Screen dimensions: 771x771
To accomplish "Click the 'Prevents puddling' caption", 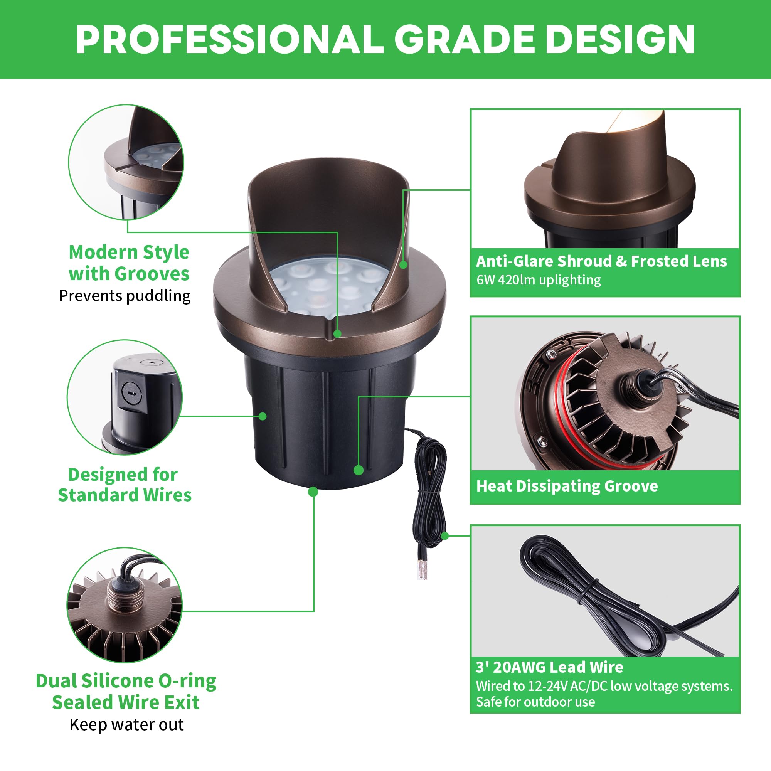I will [x=125, y=296].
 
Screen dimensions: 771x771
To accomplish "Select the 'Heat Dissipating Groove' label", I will [x=567, y=486].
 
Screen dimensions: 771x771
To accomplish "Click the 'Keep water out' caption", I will [x=126, y=725].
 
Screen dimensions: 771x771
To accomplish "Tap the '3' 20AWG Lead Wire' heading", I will [x=549, y=667].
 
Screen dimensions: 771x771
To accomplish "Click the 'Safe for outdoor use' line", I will [x=535, y=702].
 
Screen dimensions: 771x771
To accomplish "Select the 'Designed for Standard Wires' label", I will [x=125, y=485].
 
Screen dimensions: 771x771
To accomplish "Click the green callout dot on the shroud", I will [x=404, y=264].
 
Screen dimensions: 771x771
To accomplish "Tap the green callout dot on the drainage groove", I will [x=337, y=333].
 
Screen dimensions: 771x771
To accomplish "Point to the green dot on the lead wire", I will [x=445, y=535].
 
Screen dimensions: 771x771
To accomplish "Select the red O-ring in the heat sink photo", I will [x=559, y=403].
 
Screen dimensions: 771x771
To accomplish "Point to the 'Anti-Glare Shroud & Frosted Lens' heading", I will [x=601, y=261].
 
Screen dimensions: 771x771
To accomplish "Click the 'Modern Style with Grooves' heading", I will [x=129, y=263].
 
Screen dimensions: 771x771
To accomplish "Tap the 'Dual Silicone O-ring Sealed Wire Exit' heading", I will [x=126, y=692].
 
